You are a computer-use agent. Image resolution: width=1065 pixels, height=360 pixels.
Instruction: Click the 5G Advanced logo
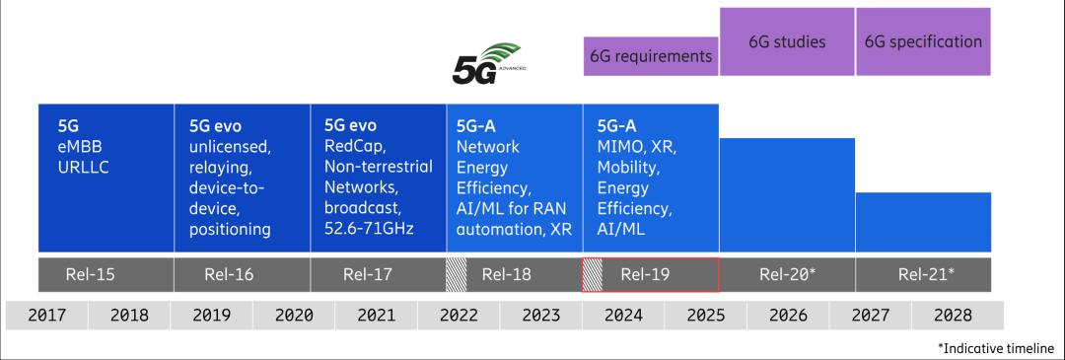[x=486, y=64]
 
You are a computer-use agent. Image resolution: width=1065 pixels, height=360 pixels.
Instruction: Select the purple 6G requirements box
[x=651, y=55]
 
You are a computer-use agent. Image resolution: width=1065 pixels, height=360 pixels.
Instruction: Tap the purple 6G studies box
[x=787, y=41]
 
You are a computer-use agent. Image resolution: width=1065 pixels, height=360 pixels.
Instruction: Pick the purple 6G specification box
[x=923, y=41]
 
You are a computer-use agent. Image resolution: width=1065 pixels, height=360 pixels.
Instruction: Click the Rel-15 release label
[x=91, y=274]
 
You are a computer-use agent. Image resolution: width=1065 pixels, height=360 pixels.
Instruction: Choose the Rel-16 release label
[x=229, y=274]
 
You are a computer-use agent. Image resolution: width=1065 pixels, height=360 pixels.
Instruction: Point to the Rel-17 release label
[x=368, y=274]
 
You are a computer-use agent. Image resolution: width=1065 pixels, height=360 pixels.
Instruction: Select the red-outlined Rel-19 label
[x=651, y=274]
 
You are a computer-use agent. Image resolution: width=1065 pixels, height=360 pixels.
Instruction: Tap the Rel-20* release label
[x=787, y=274]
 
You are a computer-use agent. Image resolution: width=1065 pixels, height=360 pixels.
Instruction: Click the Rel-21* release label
[x=926, y=274]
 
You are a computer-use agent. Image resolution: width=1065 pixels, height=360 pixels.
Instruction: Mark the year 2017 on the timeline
[x=47, y=316]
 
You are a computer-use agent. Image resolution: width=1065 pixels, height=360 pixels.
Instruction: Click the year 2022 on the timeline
[x=459, y=316]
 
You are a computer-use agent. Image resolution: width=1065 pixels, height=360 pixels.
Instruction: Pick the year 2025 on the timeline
[x=706, y=316]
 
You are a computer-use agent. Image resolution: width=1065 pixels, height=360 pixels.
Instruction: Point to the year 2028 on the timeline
[x=953, y=316]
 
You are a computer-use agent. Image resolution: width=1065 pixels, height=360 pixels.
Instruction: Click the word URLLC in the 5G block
[x=84, y=167]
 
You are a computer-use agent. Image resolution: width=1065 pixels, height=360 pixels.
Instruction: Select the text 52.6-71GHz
[x=369, y=229]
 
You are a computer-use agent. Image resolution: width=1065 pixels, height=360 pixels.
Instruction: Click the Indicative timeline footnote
[x=996, y=347]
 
